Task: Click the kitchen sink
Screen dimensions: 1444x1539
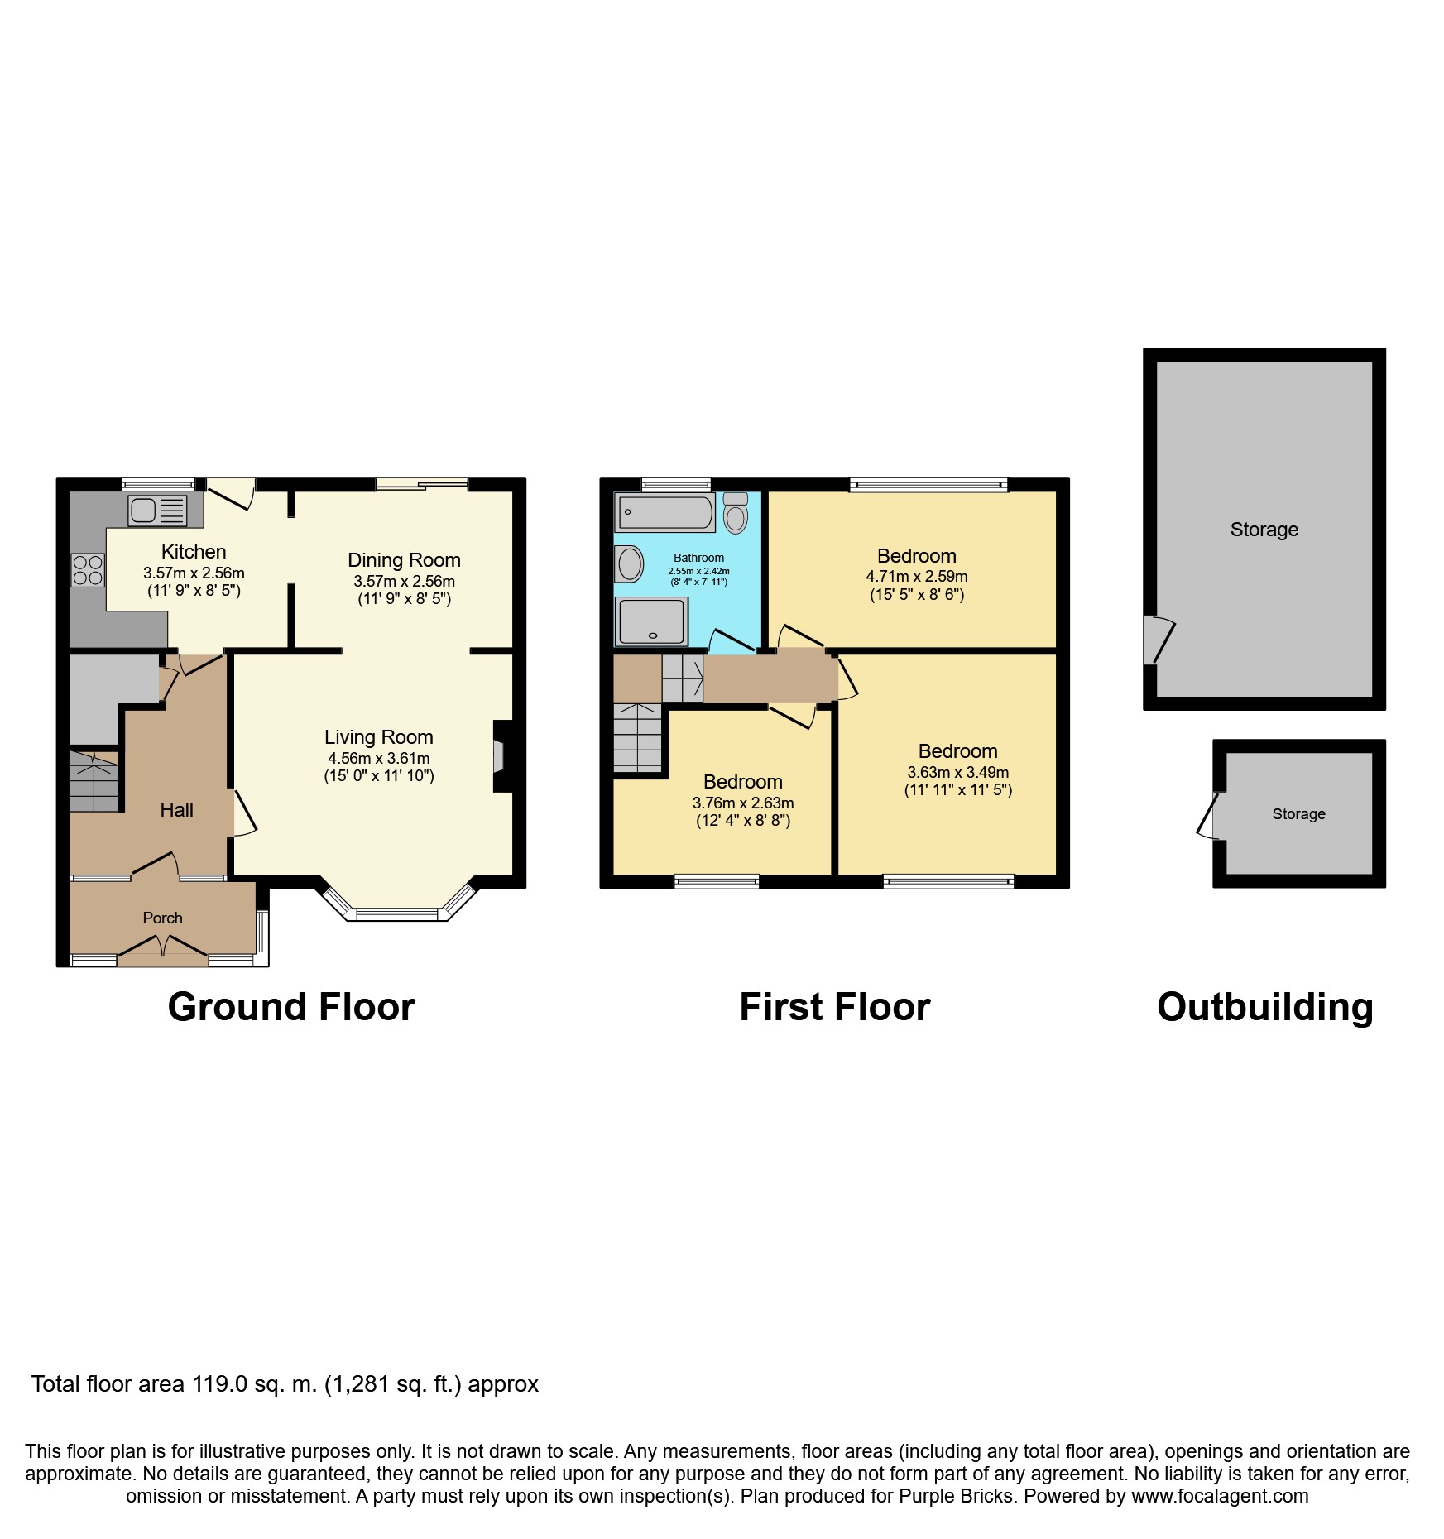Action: coord(157,510)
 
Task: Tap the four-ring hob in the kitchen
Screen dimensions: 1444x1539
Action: coord(88,570)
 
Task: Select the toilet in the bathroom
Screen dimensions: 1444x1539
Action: coord(736,513)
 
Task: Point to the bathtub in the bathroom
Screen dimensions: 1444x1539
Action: coord(664,513)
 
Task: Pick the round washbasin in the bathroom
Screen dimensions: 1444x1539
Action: coord(630,564)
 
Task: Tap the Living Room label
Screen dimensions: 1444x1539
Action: coord(379,737)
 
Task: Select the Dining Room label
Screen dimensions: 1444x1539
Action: coord(404,560)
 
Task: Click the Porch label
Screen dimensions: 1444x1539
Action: coord(162,918)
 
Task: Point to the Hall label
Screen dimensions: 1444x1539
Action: coord(176,810)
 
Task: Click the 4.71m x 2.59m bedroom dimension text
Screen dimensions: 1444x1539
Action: coord(917,576)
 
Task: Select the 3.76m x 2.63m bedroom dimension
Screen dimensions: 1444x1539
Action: coord(743,803)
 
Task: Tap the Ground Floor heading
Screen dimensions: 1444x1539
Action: coord(291,1007)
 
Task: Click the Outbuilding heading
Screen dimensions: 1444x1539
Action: coord(1265,1008)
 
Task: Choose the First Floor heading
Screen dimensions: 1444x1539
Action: coord(835,1007)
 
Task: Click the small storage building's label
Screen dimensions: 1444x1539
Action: coord(1299,814)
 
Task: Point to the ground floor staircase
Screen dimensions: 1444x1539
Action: coord(94,781)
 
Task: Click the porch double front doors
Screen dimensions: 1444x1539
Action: coord(163,950)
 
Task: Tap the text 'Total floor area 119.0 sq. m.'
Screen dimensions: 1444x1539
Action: coord(174,1384)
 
